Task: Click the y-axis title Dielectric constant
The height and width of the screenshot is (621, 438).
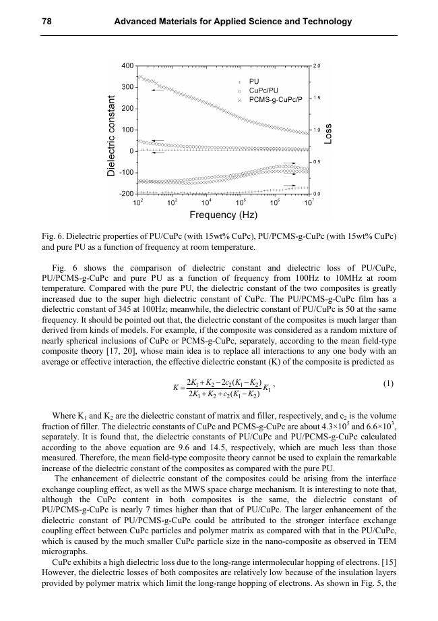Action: click(x=112, y=137)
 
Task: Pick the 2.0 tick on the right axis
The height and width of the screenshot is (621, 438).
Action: click(x=317, y=66)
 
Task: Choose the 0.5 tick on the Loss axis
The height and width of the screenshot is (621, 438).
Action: click(x=317, y=162)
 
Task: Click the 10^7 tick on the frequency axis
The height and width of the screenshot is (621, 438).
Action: click(x=309, y=202)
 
